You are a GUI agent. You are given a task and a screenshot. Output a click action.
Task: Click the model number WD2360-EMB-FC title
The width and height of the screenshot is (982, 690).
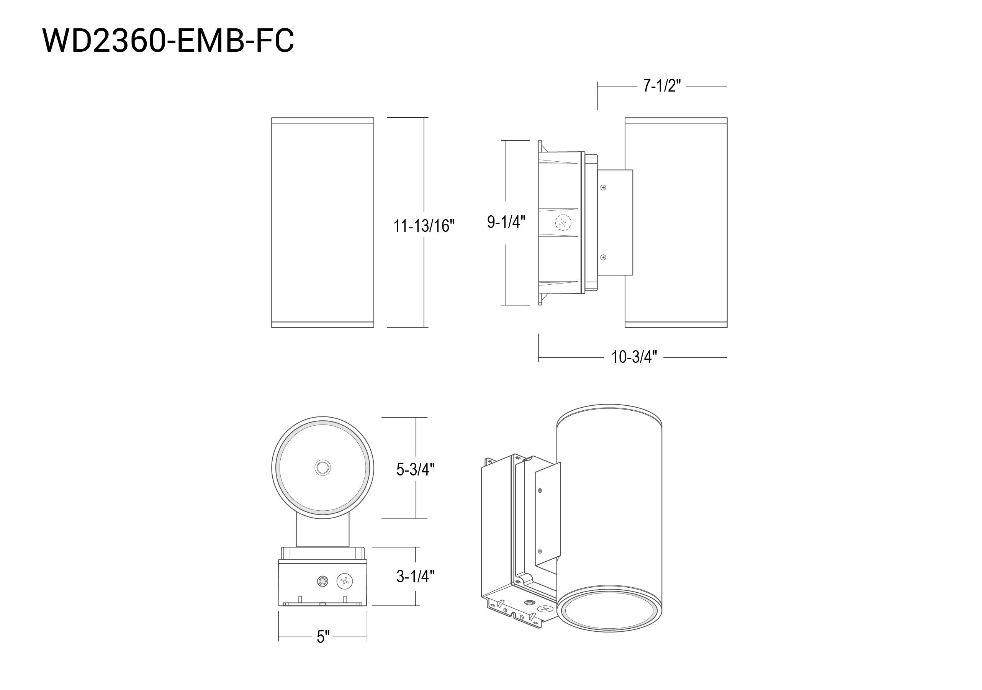(x=168, y=41)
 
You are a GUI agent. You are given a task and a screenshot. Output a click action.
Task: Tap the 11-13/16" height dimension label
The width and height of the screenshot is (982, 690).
(x=424, y=226)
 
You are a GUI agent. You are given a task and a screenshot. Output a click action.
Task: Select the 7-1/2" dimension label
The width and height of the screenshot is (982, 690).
(x=662, y=86)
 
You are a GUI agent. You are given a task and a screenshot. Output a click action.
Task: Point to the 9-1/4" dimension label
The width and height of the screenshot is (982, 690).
(x=506, y=222)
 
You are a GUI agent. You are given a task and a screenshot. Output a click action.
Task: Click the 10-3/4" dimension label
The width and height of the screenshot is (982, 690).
(x=634, y=357)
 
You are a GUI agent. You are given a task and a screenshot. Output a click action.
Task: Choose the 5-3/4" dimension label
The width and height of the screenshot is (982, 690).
(x=415, y=470)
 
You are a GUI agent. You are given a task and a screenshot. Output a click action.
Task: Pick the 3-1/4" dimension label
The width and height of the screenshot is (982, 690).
(x=415, y=576)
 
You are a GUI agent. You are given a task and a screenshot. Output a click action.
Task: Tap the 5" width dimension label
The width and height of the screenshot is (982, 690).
(x=323, y=637)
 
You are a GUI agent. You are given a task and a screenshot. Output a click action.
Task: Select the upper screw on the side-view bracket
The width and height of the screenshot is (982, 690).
(x=603, y=187)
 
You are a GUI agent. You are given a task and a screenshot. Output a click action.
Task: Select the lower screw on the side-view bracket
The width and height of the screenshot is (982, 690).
(x=603, y=257)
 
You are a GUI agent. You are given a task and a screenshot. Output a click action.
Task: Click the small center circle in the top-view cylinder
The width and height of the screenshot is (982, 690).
(x=322, y=467)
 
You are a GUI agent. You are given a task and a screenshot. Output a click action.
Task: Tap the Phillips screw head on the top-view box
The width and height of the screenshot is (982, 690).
(x=345, y=581)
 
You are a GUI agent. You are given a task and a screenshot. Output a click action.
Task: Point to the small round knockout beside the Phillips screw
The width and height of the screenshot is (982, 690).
(x=322, y=581)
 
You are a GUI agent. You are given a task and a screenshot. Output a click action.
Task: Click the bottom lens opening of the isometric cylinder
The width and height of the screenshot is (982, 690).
(x=609, y=610)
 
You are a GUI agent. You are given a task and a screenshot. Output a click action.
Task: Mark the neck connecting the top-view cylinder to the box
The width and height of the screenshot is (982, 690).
(x=322, y=531)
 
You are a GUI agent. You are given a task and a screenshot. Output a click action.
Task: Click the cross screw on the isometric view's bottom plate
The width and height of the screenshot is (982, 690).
(x=545, y=609)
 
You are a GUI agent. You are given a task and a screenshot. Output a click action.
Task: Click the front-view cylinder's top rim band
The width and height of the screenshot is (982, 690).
(x=322, y=121)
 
